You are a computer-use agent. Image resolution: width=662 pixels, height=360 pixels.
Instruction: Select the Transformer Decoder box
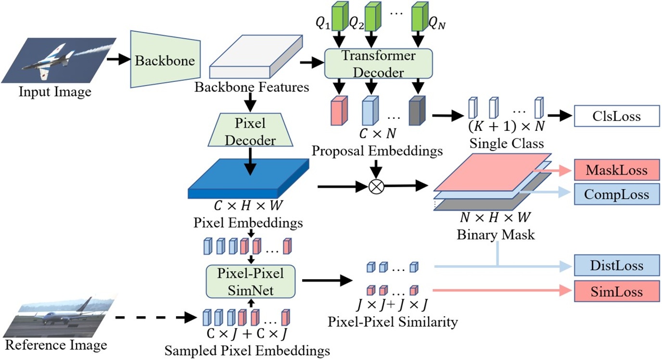[x=379, y=64]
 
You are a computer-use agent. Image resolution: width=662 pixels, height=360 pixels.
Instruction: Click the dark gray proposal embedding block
[x=417, y=111]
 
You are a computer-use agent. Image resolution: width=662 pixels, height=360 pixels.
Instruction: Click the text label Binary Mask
[x=489, y=235]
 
